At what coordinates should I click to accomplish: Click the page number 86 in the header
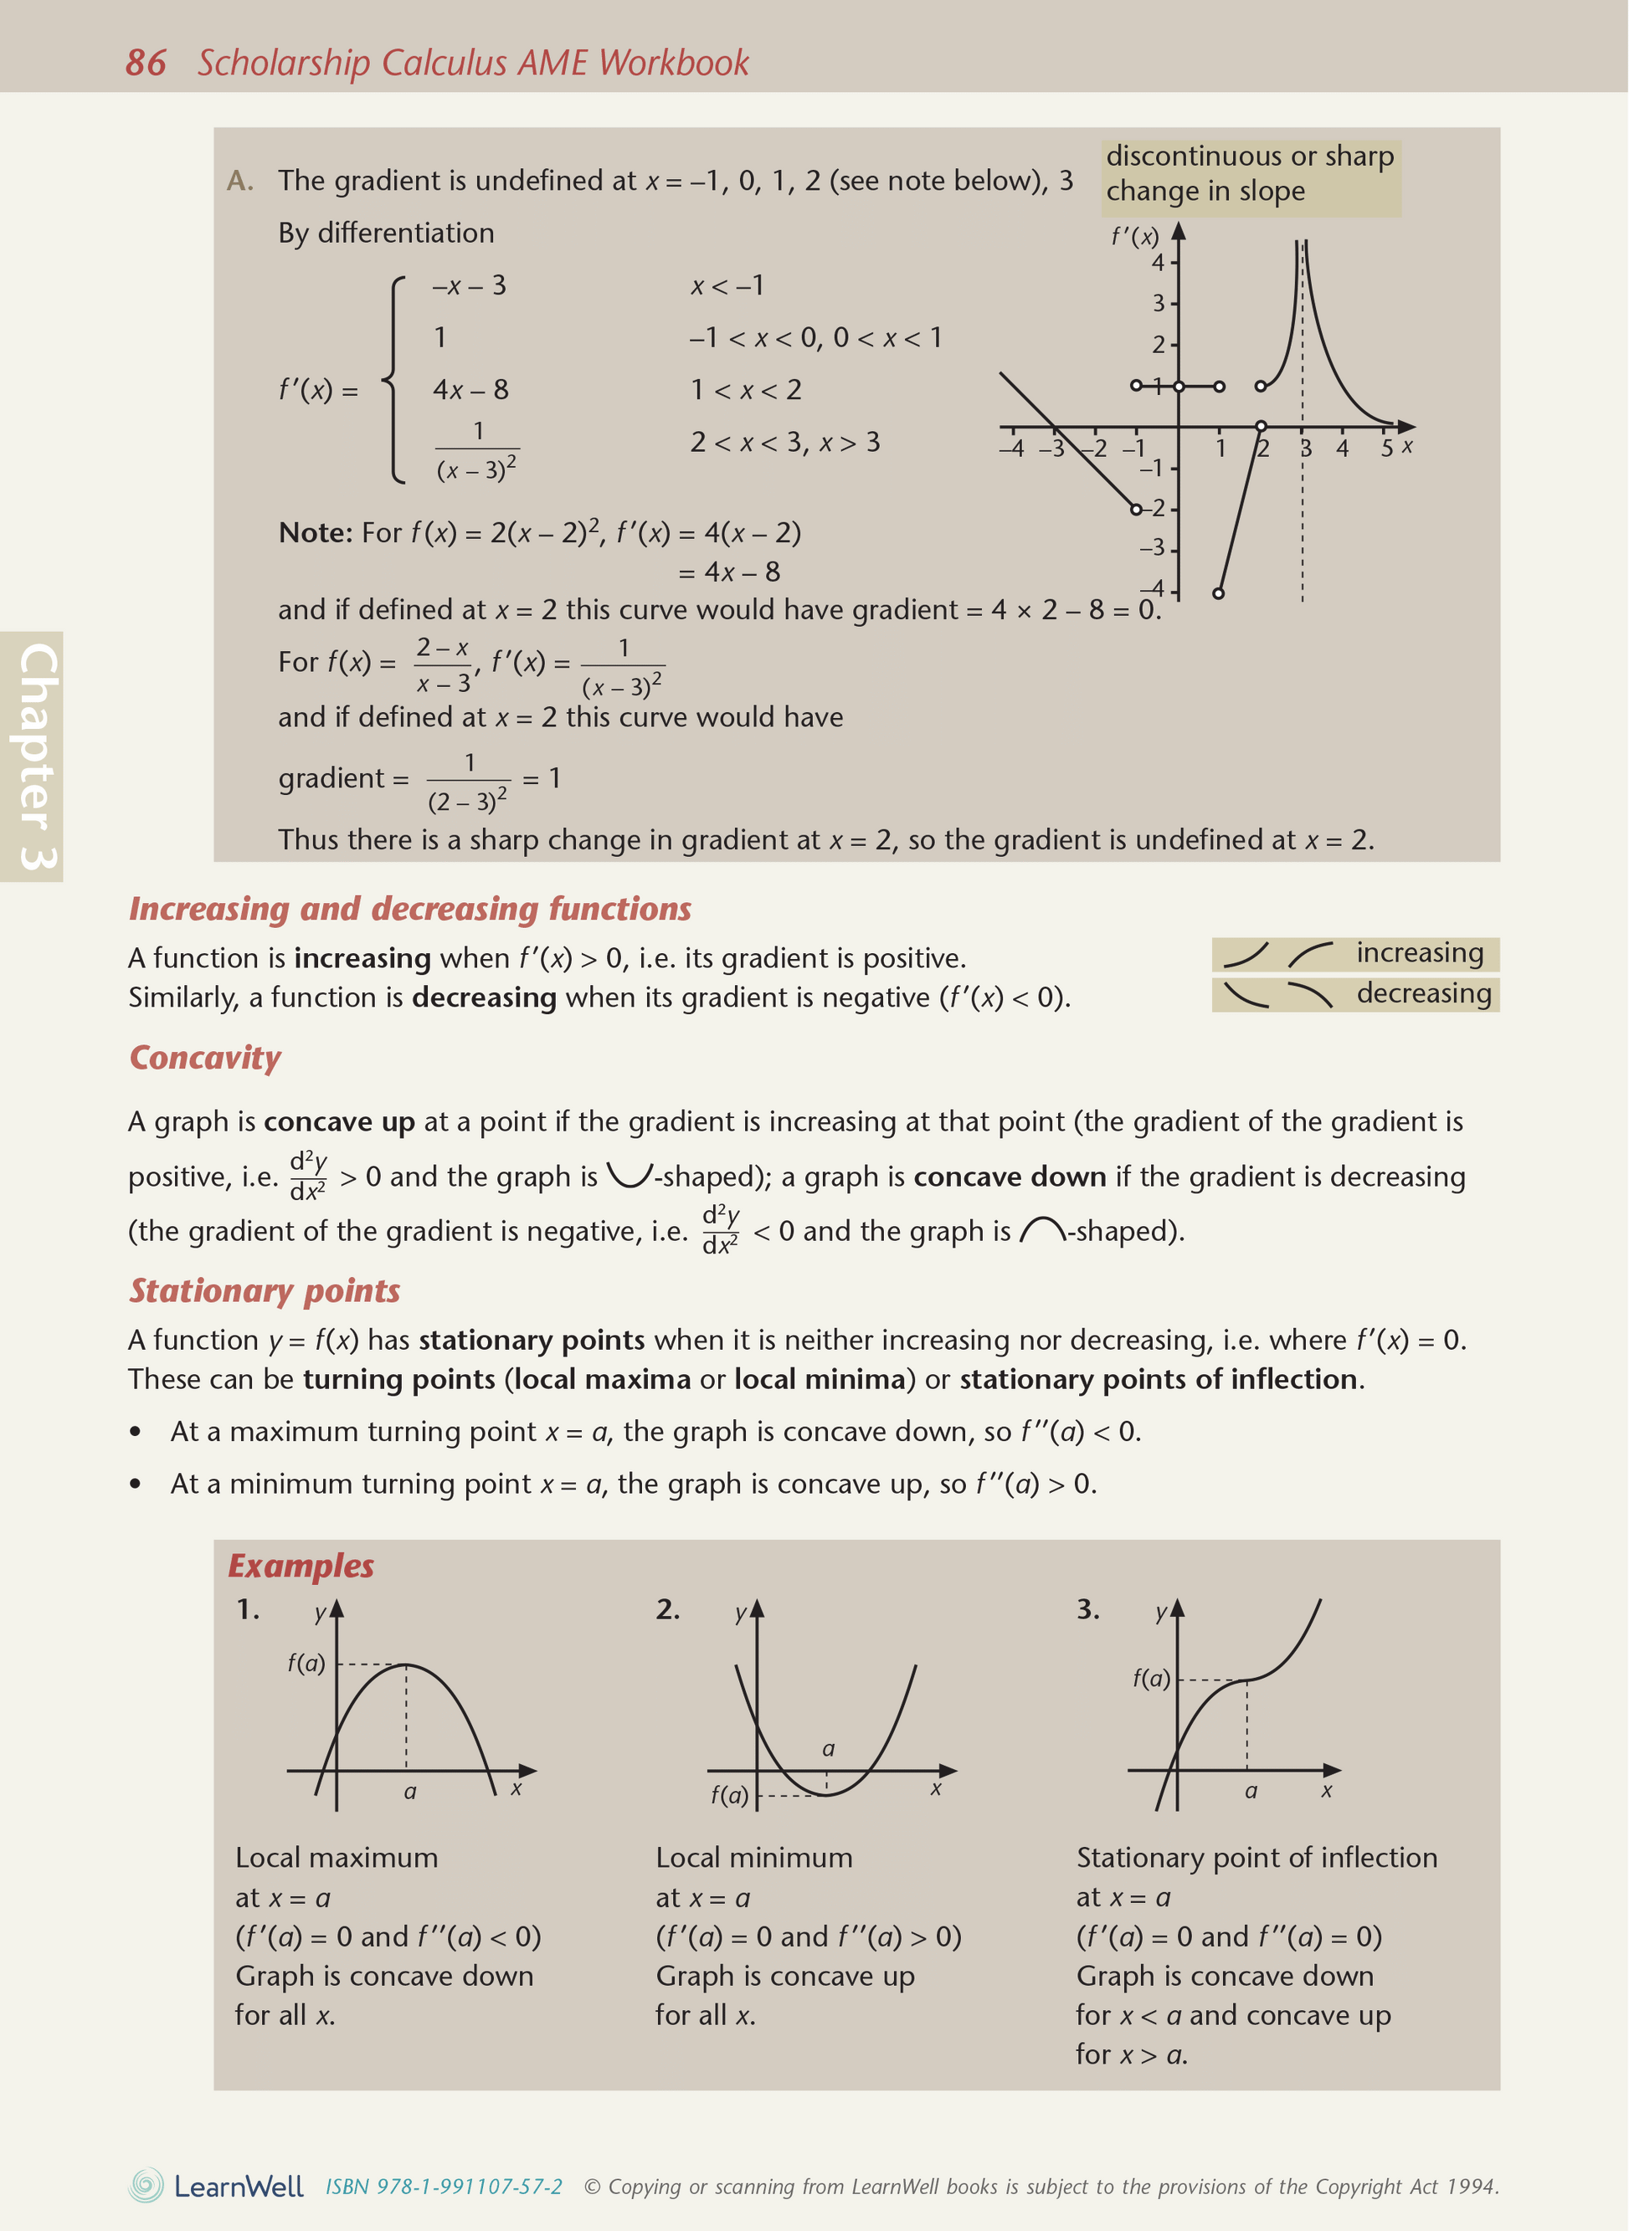[145, 63]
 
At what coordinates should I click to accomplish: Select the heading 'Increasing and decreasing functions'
[409, 908]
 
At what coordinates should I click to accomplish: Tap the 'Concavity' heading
[205, 1057]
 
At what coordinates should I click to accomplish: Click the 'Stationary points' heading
[265, 1290]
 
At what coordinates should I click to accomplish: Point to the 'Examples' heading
[301, 1566]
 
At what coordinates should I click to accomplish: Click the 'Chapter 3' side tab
[35, 756]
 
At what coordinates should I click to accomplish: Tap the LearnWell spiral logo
[146, 2186]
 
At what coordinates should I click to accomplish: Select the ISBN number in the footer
[444, 2187]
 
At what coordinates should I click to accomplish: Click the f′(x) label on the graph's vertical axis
[1134, 237]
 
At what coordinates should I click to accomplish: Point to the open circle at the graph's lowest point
[1218, 593]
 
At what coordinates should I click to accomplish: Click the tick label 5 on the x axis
[1385, 449]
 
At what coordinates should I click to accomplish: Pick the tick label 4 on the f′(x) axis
[1158, 262]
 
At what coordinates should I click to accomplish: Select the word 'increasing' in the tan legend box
[1419, 952]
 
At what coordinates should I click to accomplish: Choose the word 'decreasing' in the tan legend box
[1423, 992]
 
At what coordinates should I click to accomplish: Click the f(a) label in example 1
[306, 1663]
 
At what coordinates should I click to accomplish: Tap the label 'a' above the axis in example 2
[828, 1749]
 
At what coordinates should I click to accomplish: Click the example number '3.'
[1087, 1609]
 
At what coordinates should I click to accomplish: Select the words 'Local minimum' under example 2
[753, 1858]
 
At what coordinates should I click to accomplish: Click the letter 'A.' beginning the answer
[239, 182]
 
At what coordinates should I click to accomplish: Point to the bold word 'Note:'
[316, 533]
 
